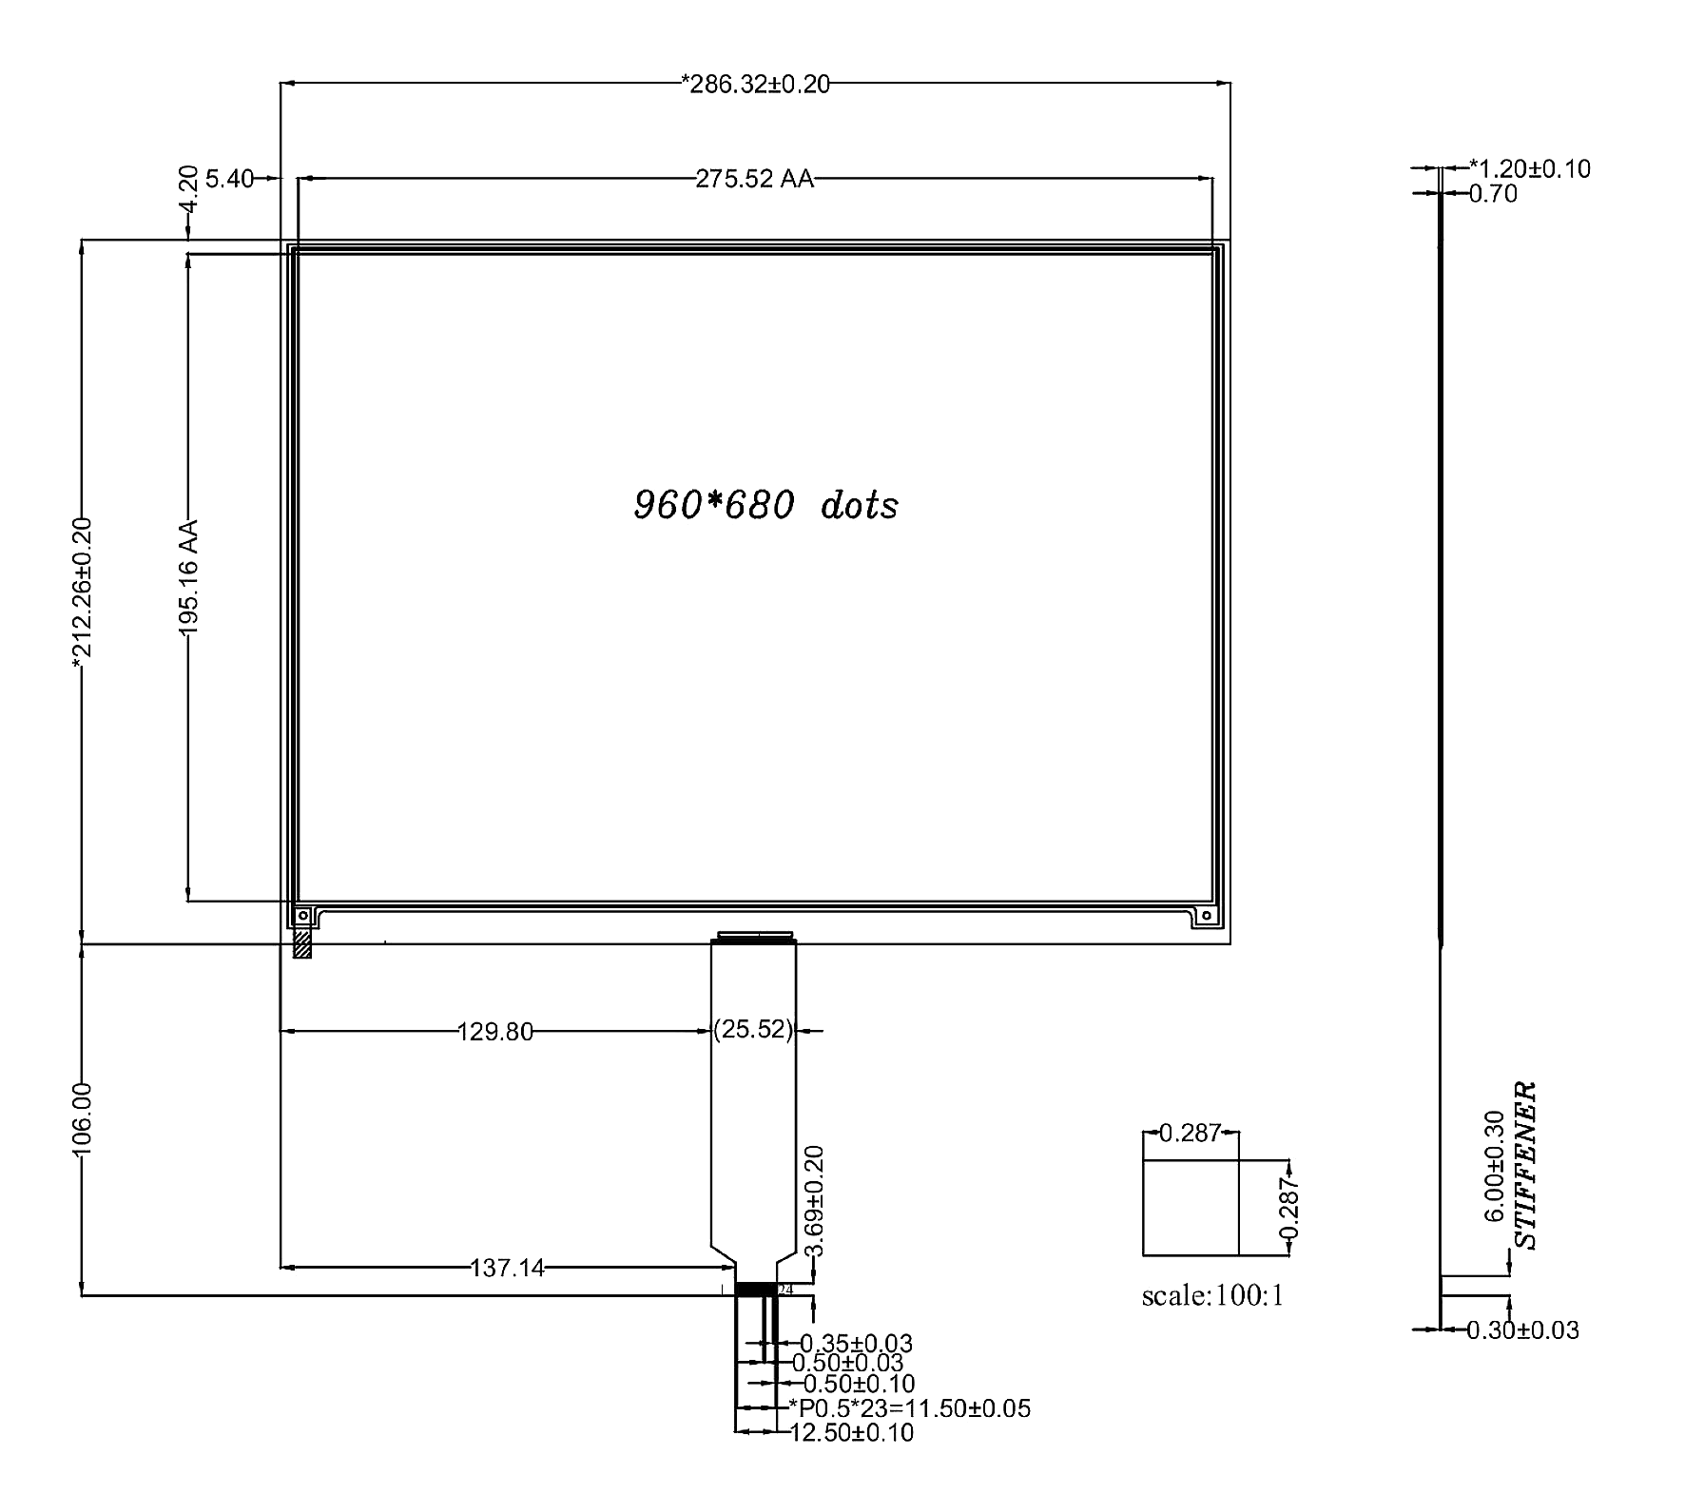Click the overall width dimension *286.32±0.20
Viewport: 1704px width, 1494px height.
(x=756, y=85)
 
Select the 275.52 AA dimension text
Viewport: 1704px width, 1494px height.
(x=755, y=179)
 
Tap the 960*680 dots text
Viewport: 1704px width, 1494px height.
(x=765, y=505)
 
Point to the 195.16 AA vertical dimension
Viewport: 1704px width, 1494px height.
(x=187, y=577)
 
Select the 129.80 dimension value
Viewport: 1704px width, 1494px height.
(x=495, y=1031)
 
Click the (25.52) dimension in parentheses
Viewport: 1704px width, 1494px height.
(x=753, y=1030)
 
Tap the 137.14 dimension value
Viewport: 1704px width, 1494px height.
(x=508, y=1268)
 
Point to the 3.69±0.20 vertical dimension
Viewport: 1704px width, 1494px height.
(x=814, y=1201)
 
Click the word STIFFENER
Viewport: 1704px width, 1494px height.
(x=1525, y=1165)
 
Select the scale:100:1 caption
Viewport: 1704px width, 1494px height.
(x=1213, y=1296)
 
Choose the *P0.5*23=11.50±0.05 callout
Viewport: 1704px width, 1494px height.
(x=909, y=1408)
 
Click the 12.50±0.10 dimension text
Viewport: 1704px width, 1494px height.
(x=852, y=1432)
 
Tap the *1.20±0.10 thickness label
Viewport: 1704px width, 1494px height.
(x=1530, y=169)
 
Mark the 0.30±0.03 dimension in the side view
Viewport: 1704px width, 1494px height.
(x=1522, y=1329)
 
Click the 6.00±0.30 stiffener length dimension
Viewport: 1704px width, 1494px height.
(x=1495, y=1166)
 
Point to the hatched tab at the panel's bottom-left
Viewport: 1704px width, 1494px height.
(x=302, y=942)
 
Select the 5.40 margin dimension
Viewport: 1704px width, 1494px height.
(x=229, y=179)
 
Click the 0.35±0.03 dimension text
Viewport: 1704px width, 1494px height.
(x=856, y=1344)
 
